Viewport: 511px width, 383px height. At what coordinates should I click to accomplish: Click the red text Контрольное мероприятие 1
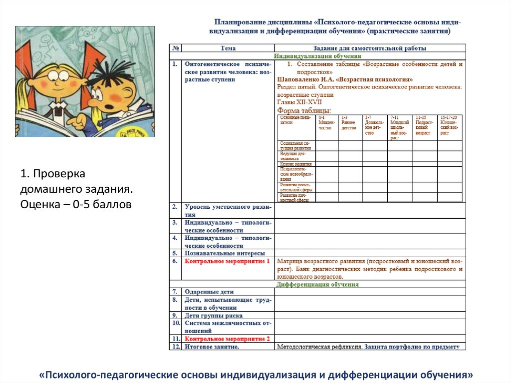click(x=227, y=261)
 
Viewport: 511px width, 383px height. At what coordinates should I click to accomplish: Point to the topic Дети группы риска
click(x=214, y=316)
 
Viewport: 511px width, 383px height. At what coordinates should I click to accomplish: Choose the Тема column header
click(x=228, y=48)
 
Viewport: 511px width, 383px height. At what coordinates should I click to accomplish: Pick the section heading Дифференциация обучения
click(x=317, y=284)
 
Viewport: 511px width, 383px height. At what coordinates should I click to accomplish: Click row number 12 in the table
click(x=175, y=347)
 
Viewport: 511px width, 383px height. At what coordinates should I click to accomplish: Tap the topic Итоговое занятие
click(x=212, y=347)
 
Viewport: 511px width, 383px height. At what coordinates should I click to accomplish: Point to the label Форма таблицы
click(x=304, y=110)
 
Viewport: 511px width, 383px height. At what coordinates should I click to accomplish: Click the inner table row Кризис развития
click(x=296, y=164)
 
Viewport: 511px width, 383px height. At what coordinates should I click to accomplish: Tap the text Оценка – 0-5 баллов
click(x=75, y=204)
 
